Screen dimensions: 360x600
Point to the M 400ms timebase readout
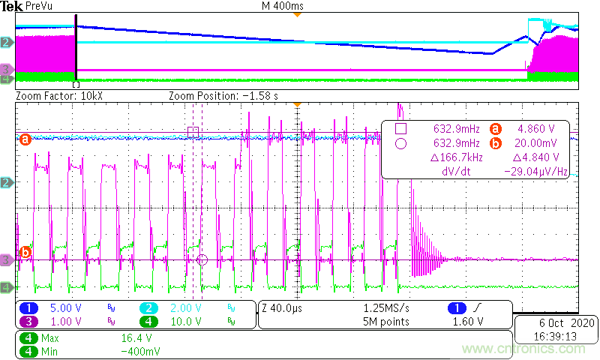(279, 6)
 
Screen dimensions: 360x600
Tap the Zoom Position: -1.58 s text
(223, 96)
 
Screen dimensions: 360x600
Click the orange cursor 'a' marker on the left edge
(25, 139)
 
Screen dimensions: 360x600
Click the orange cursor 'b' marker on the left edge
(25, 252)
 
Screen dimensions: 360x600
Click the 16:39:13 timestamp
(556, 337)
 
